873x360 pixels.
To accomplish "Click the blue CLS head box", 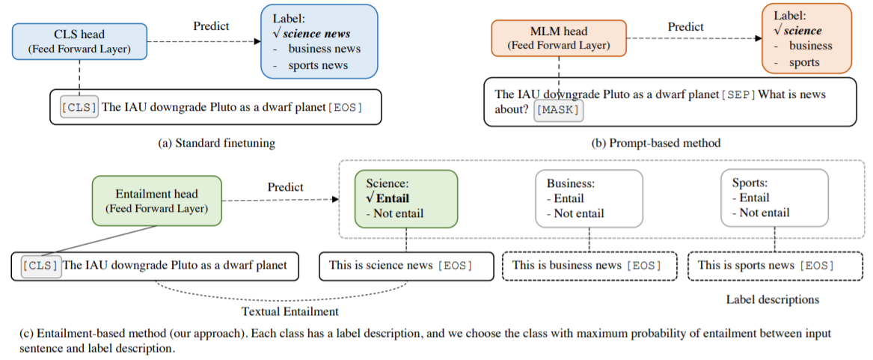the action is (x=79, y=41).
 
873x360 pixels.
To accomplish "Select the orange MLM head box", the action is (x=559, y=38).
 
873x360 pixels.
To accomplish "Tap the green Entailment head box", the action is (x=156, y=201).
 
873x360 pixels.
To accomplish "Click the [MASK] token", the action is (x=559, y=110).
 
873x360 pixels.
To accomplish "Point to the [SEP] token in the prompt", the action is (x=738, y=95).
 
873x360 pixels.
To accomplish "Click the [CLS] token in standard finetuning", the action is (x=79, y=107).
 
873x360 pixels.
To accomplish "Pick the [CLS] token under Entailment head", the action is (x=40, y=266).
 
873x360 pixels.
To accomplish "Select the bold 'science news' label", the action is (x=316, y=34).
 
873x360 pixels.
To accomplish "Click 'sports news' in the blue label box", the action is (x=318, y=65).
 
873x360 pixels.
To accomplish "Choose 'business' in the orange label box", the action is (x=811, y=46).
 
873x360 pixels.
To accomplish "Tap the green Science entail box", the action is (x=406, y=198).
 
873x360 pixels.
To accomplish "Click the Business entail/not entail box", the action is (x=589, y=198).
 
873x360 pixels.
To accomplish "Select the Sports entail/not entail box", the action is (x=774, y=198).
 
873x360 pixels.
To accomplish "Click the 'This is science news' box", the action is (x=406, y=266).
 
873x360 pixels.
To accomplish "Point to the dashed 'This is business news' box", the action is (x=589, y=266).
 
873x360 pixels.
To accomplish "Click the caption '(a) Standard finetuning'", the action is (x=217, y=143).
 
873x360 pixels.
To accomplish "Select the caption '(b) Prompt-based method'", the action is (x=656, y=143).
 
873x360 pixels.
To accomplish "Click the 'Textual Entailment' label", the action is (x=290, y=311).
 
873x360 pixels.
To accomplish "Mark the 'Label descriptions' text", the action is (x=772, y=300).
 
